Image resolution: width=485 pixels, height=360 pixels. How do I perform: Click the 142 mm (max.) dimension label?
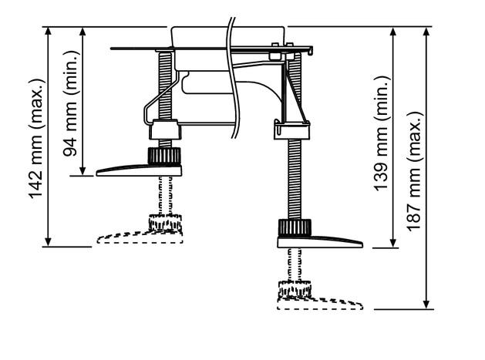coord(35,139)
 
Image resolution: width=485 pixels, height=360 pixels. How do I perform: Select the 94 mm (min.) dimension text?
coord(70,103)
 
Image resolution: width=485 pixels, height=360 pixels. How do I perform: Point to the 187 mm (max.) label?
coord(414,171)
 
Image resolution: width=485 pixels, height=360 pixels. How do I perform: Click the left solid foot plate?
coord(139,170)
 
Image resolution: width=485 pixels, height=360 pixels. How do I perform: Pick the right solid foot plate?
coord(320,242)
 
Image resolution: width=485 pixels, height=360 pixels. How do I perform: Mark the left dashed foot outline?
coord(140,237)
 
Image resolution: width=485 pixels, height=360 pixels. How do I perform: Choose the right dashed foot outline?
coord(320,304)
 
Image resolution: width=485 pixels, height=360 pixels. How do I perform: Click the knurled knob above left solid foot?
coord(164,156)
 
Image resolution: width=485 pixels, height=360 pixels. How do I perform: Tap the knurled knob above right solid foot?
coord(295,228)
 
